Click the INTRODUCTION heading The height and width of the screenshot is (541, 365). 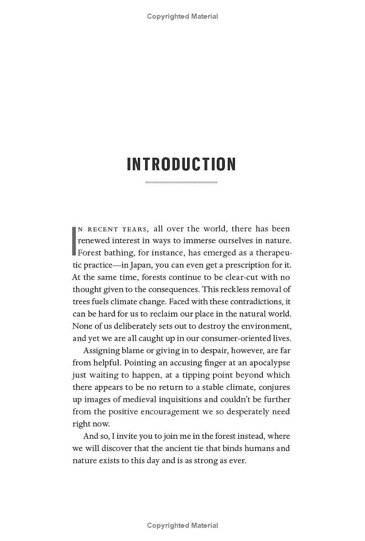[x=182, y=164]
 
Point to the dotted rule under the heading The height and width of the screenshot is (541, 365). [x=182, y=182]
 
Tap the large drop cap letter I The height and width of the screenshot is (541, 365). [x=74, y=240]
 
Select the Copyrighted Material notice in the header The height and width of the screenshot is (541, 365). [x=182, y=16]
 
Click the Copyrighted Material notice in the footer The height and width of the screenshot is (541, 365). [x=182, y=525]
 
